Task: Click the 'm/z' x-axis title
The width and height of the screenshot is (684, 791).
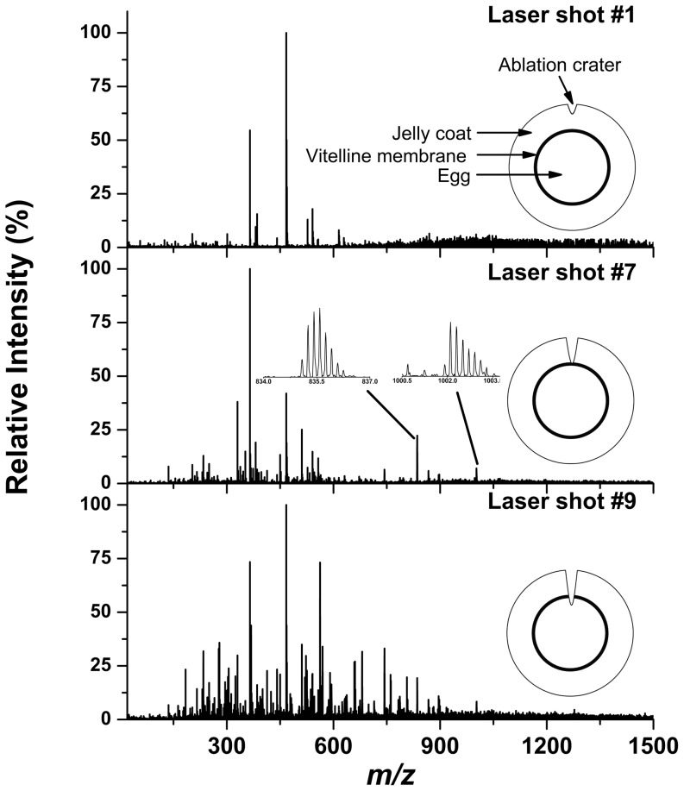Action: pos(388,773)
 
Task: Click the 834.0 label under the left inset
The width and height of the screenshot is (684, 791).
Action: pos(264,380)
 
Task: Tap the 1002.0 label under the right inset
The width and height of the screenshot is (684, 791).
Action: pos(449,380)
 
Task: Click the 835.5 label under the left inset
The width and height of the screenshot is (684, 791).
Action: pos(318,380)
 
